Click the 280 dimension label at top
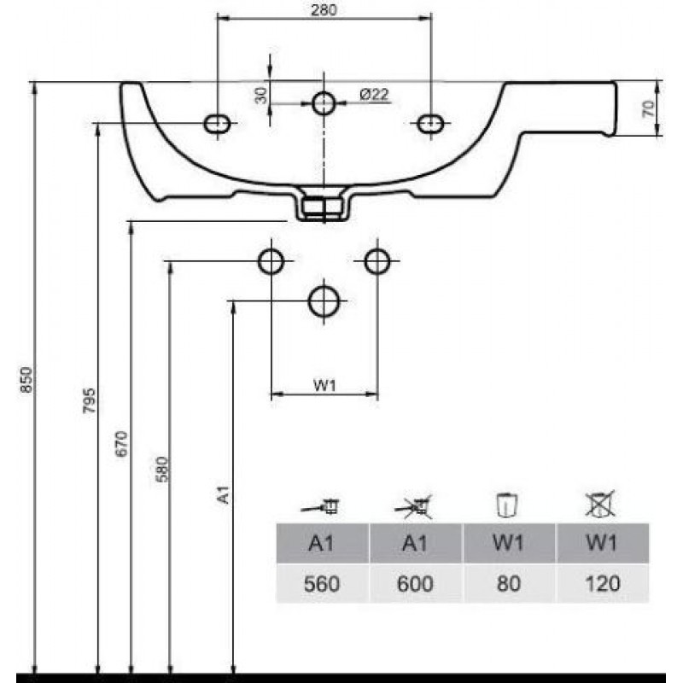[324, 10]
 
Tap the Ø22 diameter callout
[374, 94]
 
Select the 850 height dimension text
[26, 379]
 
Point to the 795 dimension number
[89, 400]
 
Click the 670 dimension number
[122, 443]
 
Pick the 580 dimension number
[161, 469]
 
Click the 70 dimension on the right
[649, 108]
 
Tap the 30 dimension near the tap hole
[261, 96]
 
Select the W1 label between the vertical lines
[324, 386]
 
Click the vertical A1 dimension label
[224, 494]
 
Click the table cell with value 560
[323, 584]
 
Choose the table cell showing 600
[416, 584]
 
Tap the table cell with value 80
[509, 584]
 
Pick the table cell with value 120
[603, 584]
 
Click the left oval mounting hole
[217, 124]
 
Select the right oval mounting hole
[430, 124]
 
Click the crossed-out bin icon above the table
[600, 504]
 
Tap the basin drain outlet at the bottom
[324, 204]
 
